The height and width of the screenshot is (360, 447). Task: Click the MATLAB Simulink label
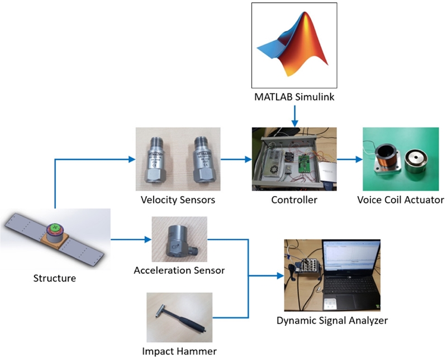point(294,99)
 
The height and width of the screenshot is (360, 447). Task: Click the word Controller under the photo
point(294,200)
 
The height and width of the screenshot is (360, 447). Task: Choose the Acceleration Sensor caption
point(179,271)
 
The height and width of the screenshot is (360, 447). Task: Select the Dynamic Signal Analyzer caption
point(332,321)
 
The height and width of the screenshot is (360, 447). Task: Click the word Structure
point(55,277)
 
